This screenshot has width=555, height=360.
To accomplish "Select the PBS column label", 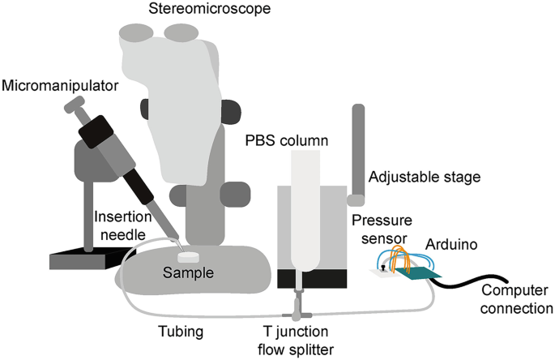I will (x=287, y=141).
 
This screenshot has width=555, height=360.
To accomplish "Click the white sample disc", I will (x=190, y=255).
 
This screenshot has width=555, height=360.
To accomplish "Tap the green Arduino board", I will (x=421, y=276).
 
